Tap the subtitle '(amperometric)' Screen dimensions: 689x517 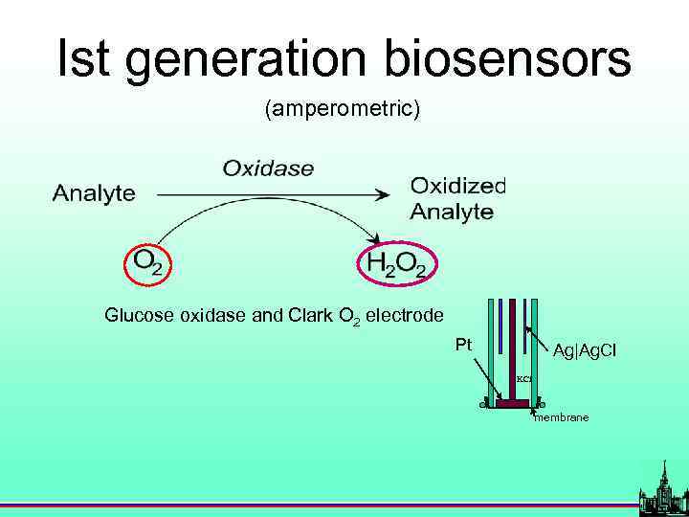pyautogui.click(x=342, y=110)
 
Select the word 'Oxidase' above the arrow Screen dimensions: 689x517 pyautogui.click(x=268, y=169)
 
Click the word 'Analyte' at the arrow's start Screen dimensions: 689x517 pyautogui.click(x=94, y=193)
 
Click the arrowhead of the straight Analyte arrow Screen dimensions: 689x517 pyautogui.click(x=382, y=194)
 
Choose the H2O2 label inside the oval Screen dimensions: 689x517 pyautogui.click(x=397, y=263)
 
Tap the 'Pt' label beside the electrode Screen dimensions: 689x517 pyautogui.click(x=463, y=344)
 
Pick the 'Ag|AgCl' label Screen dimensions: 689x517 pyautogui.click(x=585, y=351)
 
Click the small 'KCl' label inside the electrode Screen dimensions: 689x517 pyautogui.click(x=523, y=379)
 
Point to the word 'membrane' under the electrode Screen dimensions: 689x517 pyautogui.click(x=561, y=417)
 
